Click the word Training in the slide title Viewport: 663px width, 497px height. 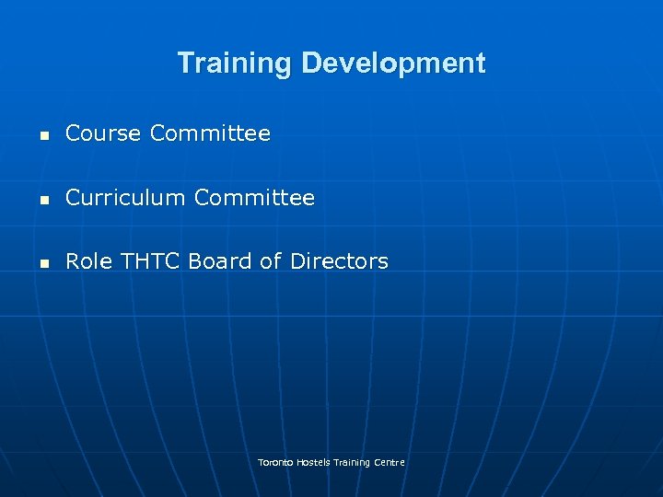(235, 64)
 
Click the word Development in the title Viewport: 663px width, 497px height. (393, 64)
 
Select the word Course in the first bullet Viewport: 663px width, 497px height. (103, 134)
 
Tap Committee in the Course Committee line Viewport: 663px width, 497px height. (210, 134)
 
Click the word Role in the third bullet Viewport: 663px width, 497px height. (88, 261)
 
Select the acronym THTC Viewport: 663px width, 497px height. (149, 261)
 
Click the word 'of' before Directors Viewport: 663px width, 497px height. (270, 261)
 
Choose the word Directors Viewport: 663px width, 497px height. (339, 261)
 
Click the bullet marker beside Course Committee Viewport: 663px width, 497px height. (42, 135)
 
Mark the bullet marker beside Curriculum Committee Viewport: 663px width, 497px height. (42, 199)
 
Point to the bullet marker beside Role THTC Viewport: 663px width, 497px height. (42, 262)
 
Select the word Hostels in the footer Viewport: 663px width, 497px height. (313, 462)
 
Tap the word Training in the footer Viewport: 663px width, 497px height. (353, 462)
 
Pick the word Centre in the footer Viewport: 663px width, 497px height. (390, 462)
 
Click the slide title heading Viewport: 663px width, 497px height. (331, 64)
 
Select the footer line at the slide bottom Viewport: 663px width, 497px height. (331, 462)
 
